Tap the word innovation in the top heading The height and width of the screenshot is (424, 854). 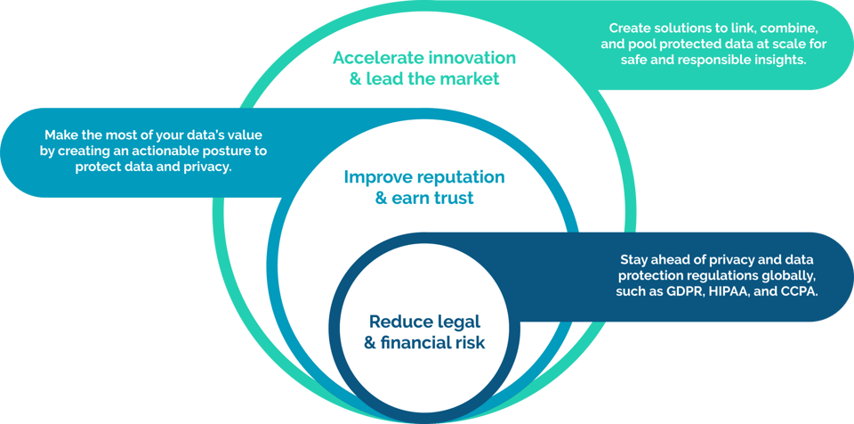click(x=472, y=58)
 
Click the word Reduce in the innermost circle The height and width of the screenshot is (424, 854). click(x=399, y=322)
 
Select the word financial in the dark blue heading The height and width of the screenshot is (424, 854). click(x=417, y=343)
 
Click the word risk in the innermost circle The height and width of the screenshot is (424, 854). click(x=469, y=343)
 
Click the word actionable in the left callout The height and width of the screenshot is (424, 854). click(x=151, y=151)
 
